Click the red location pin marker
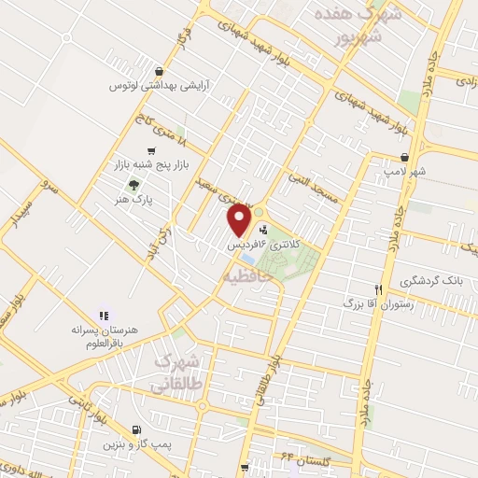click(240, 218)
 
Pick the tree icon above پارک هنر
click(135, 185)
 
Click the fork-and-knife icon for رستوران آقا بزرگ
click(378, 289)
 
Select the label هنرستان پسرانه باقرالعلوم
click(104, 336)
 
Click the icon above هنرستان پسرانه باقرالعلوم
click(105, 316)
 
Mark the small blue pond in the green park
click(246, 258)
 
